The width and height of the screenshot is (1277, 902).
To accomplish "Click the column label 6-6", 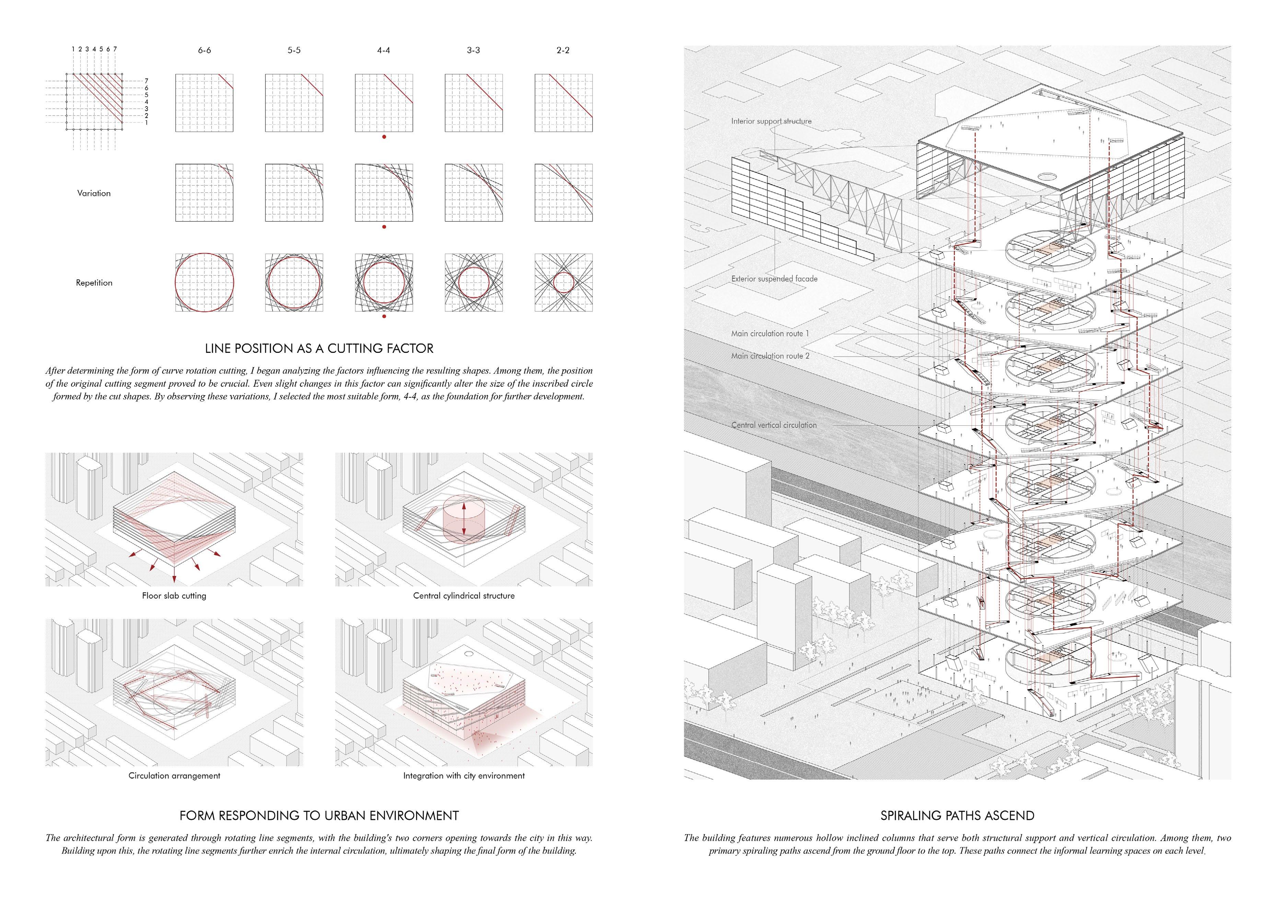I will coord(204,50).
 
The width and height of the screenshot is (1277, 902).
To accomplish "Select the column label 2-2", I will coord(563,50).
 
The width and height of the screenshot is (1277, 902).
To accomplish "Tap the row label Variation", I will coord(94,193).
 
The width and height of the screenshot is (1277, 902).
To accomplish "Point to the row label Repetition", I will coord(94,283).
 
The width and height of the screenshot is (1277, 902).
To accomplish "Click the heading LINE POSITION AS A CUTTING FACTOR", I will coord(319,348).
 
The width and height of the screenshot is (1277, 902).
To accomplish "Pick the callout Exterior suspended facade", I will coord(774,279).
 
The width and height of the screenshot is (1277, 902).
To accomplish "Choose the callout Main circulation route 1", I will coord(770,334).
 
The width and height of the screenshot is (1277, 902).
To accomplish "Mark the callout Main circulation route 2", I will coord(770,356).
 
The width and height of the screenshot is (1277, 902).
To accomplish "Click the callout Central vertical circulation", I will coord(774,425).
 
